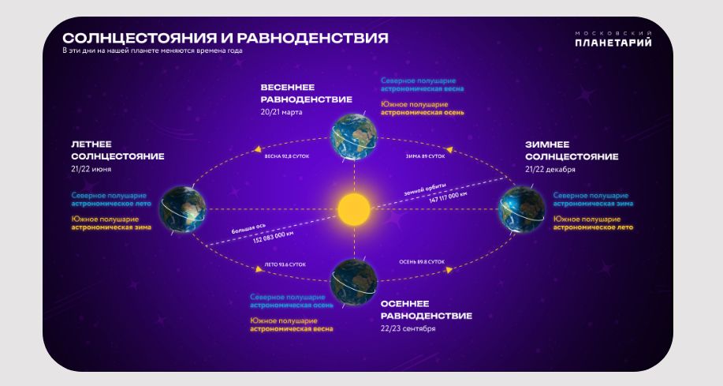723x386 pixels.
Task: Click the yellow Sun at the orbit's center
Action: [x=354, y=209]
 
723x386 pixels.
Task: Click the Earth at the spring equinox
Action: [x=354, y=137]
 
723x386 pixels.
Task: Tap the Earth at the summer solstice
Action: [x=183, y=210]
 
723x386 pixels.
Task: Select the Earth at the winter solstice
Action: [x=522, y=210]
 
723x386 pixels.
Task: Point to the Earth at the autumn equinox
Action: [x=354, y=282]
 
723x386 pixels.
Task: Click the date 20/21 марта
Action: [x=281, y=112]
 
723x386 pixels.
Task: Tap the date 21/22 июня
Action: [x=91, y=169]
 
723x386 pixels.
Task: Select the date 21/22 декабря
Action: [x=550, y=169]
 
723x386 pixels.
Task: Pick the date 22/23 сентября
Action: [x=408, y=328]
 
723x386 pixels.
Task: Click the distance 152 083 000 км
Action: [x=273, y=236]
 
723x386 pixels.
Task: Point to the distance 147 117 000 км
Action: [x=448, y=197]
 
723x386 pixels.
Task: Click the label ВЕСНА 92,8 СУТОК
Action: [x=286, y=156]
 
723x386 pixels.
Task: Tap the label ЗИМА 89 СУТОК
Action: [x=425, y=156]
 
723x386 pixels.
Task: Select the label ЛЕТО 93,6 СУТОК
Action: [x=285, y=264]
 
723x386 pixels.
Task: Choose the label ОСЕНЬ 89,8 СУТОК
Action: [x=422, y=262]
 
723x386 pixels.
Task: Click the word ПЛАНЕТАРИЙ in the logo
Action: [x=613, y=43]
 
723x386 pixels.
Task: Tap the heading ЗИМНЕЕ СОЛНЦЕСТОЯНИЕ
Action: [x=572, y=151]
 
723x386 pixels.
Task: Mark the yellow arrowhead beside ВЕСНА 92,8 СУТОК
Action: [x=258, y=148]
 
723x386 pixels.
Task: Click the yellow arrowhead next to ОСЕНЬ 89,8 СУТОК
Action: [x=449, y=270]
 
